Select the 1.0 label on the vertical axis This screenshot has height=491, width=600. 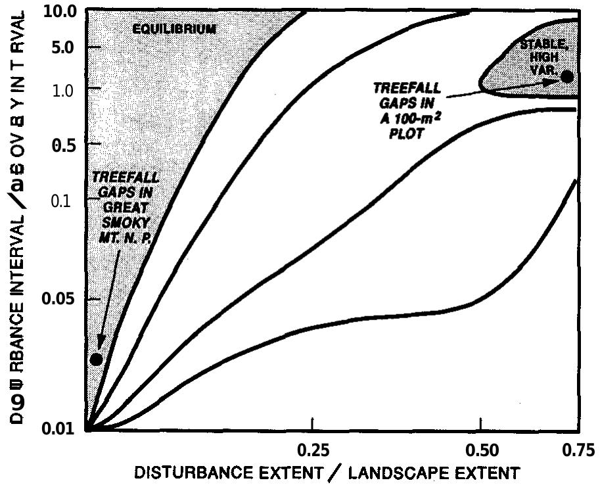tap(64, 89)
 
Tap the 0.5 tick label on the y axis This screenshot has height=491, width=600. tap(64, 145)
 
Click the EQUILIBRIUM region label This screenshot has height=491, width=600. tap(174, 29)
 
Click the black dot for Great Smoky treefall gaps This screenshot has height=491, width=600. tap(96, 359)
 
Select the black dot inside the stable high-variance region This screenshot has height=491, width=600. tap(567, 76)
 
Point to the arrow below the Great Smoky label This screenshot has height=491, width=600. tap(108, 296)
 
